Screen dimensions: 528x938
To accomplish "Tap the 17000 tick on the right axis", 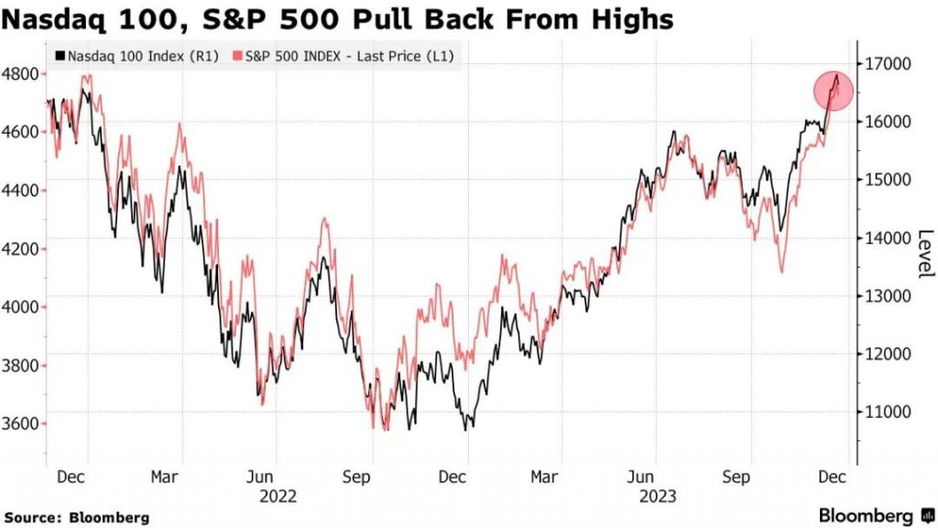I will [886, 63].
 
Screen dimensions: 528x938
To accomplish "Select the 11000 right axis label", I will [886, 412].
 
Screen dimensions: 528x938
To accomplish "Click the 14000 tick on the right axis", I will [886, 237].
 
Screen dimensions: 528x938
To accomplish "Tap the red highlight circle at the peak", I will [834, 90].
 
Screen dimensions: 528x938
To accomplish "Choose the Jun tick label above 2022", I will [262, 478].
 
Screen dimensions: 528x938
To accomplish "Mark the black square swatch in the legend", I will [60, 56].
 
